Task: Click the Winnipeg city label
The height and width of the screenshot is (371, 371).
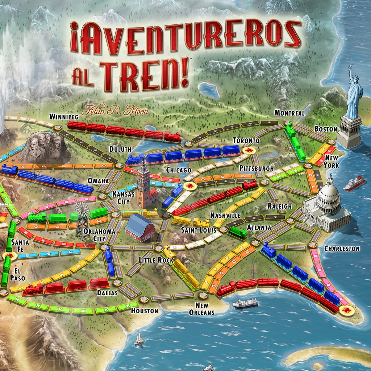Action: [x=64, y=116]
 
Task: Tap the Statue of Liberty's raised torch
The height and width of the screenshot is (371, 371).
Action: [x=350, y=67]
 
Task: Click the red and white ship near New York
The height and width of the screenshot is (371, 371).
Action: [x=354, y=184]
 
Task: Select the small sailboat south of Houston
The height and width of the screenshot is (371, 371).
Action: [x=138, y=339]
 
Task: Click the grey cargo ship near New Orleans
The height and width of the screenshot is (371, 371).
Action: [x=245, y=303]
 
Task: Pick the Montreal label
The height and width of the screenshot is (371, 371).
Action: [x=289, y=113]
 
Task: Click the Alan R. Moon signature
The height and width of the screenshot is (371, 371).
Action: [x=115, y=110]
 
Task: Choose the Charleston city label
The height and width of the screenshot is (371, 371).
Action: [x=342, y=249]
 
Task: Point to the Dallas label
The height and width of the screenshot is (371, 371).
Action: [x=107, y=292]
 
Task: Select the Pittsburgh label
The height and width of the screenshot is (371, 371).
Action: [x=256, y=168]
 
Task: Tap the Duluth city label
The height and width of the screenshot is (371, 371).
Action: [x=120, y=149]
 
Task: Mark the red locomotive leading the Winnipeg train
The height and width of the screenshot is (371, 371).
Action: [x=172, y=136]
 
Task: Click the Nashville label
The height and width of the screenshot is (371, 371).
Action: [x=225, y=216]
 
